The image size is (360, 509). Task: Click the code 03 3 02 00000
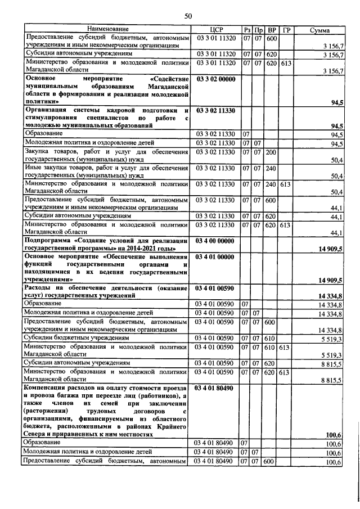(215, 79)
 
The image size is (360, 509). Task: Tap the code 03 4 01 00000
(215, 257)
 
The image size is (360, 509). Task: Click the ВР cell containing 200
(271, 152)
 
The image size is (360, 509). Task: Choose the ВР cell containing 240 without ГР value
(271, 168)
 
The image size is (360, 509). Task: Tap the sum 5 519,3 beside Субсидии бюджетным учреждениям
(332, 339)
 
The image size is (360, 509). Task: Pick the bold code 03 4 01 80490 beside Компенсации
(215, 388)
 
